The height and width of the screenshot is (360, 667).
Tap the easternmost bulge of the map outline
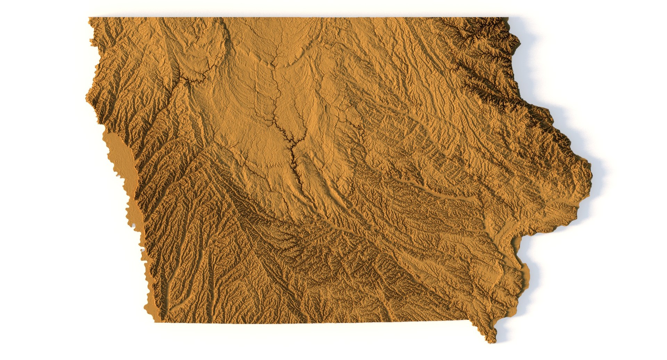pyautogui.click(x=590, y=174)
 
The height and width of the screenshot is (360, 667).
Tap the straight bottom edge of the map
pyautogui.click(x=313, y=322)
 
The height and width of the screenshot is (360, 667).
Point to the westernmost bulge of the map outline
pyautogui.click(x=87, y=99)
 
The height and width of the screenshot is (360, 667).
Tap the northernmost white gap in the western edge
pyautogui.click(x=133, y=226)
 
